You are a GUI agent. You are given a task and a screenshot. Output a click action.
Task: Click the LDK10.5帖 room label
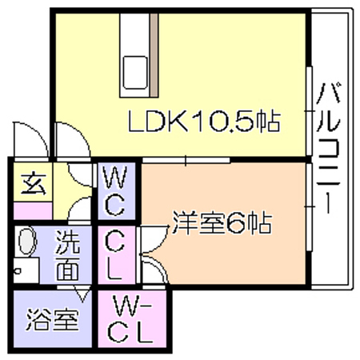[204, 122]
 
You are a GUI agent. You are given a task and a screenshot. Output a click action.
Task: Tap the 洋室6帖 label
[222, 223]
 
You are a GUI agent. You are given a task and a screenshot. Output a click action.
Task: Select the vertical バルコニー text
[328, 148]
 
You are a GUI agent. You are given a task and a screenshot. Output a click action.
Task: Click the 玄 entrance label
[34, 184]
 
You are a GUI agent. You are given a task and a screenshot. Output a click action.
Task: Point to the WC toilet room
[114, 191]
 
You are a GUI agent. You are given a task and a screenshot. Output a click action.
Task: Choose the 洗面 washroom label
[67, 255]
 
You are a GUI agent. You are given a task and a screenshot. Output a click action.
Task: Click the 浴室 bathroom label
[53, 319]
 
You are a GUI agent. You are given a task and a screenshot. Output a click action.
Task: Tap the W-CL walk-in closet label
[130, 319]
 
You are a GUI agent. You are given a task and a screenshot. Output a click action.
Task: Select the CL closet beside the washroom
[116, 255]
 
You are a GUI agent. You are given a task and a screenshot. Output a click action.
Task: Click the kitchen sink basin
[135, 72]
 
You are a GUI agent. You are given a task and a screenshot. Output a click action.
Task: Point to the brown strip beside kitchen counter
[154, 55]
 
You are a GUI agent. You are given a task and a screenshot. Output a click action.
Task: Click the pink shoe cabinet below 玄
[33, 210]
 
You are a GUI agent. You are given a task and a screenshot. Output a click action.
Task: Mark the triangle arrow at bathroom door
[82, 294]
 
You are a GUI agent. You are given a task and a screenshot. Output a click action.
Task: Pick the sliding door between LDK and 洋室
[186, 160]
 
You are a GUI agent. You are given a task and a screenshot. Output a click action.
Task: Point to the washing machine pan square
[26, 270]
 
